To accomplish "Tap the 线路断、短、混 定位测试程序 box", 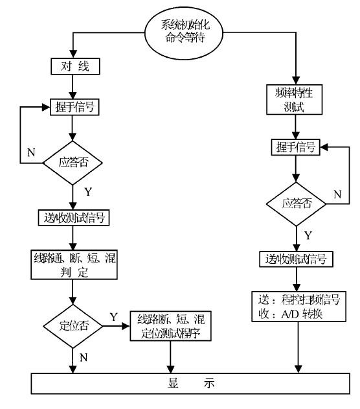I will (172, 325).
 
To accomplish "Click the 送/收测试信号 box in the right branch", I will (297, 260).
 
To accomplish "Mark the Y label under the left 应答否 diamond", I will (87, 192).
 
